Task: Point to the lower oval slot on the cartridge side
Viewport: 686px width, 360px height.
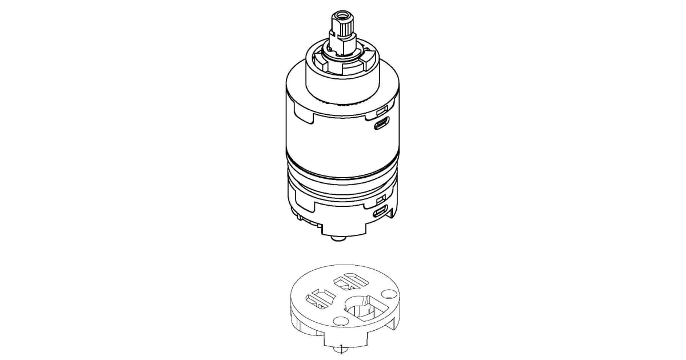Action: (x=380, y=212)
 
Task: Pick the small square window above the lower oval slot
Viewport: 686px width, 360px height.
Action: (x=380, y=199)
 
